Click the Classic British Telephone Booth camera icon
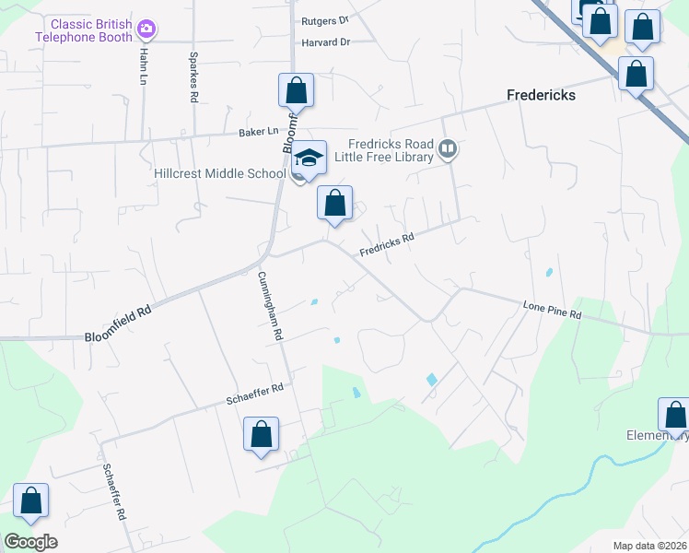coord(146,30)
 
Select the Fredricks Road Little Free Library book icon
coord(448,149)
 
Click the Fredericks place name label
coord(542,95)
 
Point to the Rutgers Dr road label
coord(325,19)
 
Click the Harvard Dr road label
coord(326,42)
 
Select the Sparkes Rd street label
coord(194,84)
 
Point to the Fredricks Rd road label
coord(387,242)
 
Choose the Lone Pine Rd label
coord(553,309)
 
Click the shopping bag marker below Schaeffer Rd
coord(261,435)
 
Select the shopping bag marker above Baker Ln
coord(296,91)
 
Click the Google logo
coord(30,542)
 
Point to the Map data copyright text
coord(649,546)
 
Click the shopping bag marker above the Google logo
coord(30,501)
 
